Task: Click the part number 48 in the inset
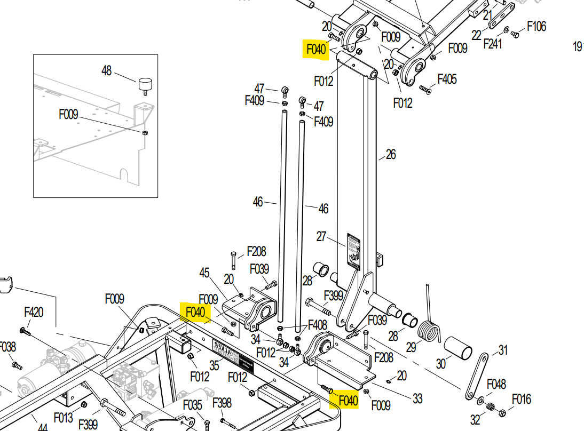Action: point(107,70)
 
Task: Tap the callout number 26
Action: point(391,154)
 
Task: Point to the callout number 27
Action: point(321,236)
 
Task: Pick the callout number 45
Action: point(204,273)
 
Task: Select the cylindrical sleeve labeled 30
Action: point(458,350)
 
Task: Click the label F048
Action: point(496,385)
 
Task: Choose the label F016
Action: point(522,399)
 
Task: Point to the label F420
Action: point(34,312)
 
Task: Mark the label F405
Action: point(447,79)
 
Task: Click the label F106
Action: point(536,26)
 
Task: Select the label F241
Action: point(493,44)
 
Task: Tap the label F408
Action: point(318,324)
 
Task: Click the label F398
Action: point(222,402)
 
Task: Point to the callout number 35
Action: point(215,365)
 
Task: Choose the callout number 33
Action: point(417,398)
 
